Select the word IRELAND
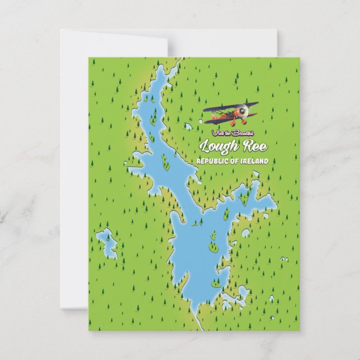pyautogui.click(x=254, y=162)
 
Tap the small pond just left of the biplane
pyautogui.click(x=188, y=126)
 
